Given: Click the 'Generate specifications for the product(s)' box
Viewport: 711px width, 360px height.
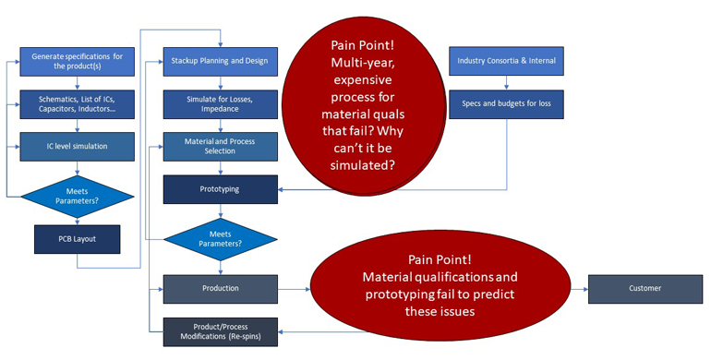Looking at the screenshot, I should [x=77, y=62].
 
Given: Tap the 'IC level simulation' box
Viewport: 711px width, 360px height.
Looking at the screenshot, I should [x=77, y=146].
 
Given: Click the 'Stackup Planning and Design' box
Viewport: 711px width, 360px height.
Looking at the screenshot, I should [x=220, y=61].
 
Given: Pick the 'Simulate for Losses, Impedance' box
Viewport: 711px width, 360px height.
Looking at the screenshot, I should [x=220, y=103].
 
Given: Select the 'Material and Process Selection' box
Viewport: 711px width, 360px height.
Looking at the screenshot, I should [x=220, y=146].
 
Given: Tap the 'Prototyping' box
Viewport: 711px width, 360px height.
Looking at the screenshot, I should [x=220, y=189].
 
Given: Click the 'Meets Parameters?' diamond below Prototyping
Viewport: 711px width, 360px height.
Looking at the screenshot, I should [x=220, y=238].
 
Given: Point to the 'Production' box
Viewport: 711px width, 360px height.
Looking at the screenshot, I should [x=220, y=288].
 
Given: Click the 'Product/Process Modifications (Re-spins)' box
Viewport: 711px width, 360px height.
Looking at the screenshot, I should [x=220, y=330].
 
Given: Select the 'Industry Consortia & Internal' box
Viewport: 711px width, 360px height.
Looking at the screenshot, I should [x=506, y=61].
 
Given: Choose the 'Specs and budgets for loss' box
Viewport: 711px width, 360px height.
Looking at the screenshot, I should [x=506, y=103].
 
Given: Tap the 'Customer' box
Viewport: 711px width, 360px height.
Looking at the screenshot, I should [x=645, y=288].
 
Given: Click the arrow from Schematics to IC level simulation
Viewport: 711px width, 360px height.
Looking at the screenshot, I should [x=77, y=125].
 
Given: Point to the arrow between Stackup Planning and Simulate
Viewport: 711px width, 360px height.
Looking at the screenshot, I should [x=220, y=82].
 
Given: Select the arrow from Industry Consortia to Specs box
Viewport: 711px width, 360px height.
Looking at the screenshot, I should [x=506, y=82].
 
